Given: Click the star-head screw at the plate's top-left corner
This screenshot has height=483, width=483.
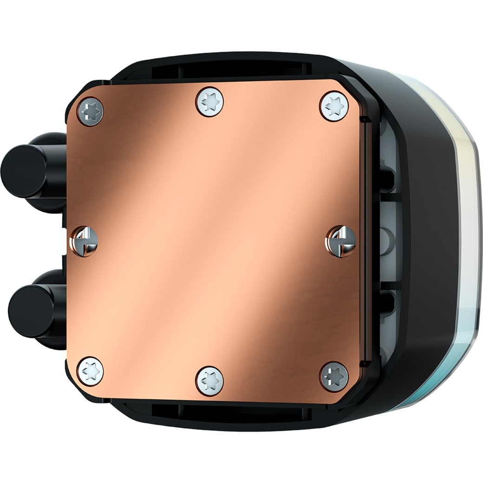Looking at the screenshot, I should (x=90, y=111).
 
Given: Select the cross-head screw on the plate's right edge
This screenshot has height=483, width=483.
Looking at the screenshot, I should (x=341, y=240).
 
